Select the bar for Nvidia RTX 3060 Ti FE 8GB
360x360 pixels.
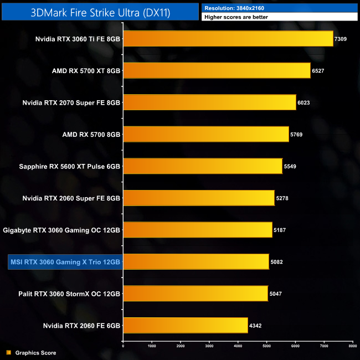click(228, 39)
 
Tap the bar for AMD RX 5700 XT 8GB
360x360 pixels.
click(217, 70)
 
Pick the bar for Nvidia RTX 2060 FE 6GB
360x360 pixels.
click(185, 325)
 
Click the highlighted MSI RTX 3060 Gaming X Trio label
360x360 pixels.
click(65, 261)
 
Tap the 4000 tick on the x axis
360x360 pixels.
click(238, 346)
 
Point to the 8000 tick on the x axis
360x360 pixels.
click(352, 346)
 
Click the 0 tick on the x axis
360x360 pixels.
click(123, 346)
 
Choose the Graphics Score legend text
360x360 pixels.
click(35, 353)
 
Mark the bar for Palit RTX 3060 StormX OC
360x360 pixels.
click(195, 294)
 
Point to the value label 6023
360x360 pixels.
click(305, 102)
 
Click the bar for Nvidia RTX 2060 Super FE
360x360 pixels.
click(198, 198)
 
